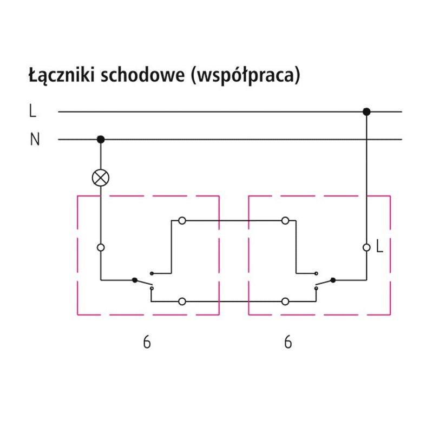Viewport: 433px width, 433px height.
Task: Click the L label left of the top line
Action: tap(33, 112)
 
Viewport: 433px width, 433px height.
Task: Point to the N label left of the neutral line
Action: tap(35, 140)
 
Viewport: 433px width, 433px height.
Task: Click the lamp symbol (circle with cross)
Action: tap(101, 177)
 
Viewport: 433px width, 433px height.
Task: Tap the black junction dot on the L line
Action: tap(366, 112)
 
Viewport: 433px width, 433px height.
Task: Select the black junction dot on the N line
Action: tap(101, 140)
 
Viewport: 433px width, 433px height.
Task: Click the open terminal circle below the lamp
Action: tap(101, 247)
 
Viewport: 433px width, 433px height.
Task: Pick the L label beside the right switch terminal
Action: tap(379, 247)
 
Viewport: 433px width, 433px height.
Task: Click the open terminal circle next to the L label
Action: tap(366, 247)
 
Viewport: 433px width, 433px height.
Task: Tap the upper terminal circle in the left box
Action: tap(182, 220)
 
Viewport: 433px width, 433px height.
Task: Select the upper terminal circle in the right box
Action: tap(285, 220)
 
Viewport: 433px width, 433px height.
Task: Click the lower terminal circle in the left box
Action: tap(182, 300)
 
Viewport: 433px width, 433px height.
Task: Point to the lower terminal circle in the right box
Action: tap(285, 300)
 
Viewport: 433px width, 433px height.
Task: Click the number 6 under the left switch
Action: tap(147, 343)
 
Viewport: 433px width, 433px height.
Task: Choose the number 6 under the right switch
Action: tap(288, 343)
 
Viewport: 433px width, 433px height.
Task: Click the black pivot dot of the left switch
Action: tap(134, 280)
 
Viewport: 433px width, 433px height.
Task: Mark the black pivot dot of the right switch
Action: tap(333, 280)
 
